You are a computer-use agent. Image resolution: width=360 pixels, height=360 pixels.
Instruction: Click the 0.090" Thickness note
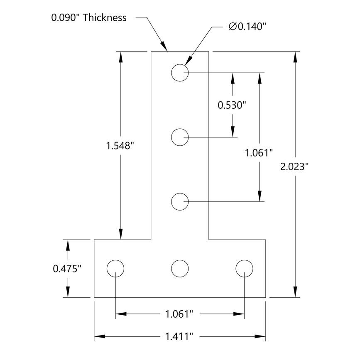(89, 17)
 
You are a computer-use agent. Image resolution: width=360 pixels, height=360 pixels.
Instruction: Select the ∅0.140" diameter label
(247, 27)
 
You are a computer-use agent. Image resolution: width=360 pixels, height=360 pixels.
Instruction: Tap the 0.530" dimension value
(233, 105)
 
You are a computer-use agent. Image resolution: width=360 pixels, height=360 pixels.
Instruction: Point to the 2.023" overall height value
(295, 167)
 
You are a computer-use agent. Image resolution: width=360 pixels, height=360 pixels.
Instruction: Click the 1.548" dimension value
(121, 146)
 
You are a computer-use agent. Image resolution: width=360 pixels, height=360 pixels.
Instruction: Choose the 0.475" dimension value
(66, 269)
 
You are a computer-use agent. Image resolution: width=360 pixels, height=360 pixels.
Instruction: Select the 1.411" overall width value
(180, 336)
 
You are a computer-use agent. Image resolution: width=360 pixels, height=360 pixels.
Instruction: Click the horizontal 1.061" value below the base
(180, 314)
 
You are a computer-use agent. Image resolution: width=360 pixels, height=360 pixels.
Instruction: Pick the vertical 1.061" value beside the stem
(259, 153)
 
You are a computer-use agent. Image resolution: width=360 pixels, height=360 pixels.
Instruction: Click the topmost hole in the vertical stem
(180, 73)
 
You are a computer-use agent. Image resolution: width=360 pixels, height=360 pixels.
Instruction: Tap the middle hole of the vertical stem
(180, 137)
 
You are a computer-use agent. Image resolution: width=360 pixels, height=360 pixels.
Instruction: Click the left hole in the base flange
(115, 268)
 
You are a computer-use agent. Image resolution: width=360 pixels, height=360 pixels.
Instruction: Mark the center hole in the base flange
(180, 268)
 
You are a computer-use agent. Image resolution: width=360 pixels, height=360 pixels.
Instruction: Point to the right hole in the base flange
(244, 268)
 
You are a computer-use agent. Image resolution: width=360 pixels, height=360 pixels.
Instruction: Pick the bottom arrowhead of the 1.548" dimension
(121, 235)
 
